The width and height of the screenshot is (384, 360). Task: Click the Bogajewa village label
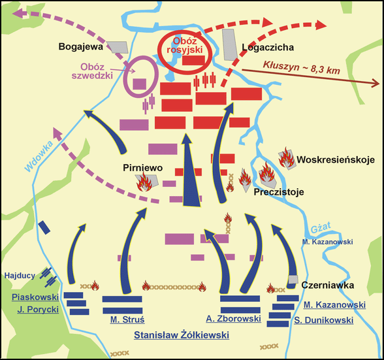point(80,47)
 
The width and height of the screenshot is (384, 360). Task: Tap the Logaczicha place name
point(268,48)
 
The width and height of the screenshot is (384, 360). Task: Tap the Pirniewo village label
point(142,168)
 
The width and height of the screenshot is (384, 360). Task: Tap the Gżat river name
point(321,227)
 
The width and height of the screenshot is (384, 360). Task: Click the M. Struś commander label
point(127,320)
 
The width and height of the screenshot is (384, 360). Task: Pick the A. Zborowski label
point(233,319)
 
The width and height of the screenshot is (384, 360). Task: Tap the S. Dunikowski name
point(323,320)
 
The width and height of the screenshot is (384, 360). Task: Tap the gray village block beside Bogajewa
point(118,47)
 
